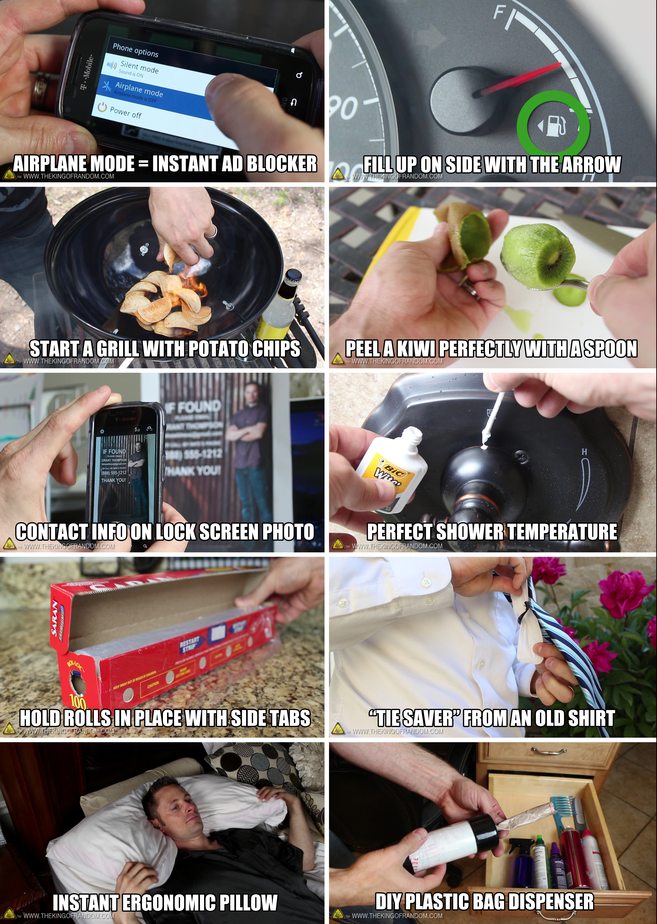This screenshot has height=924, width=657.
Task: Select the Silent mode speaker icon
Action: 112,65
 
